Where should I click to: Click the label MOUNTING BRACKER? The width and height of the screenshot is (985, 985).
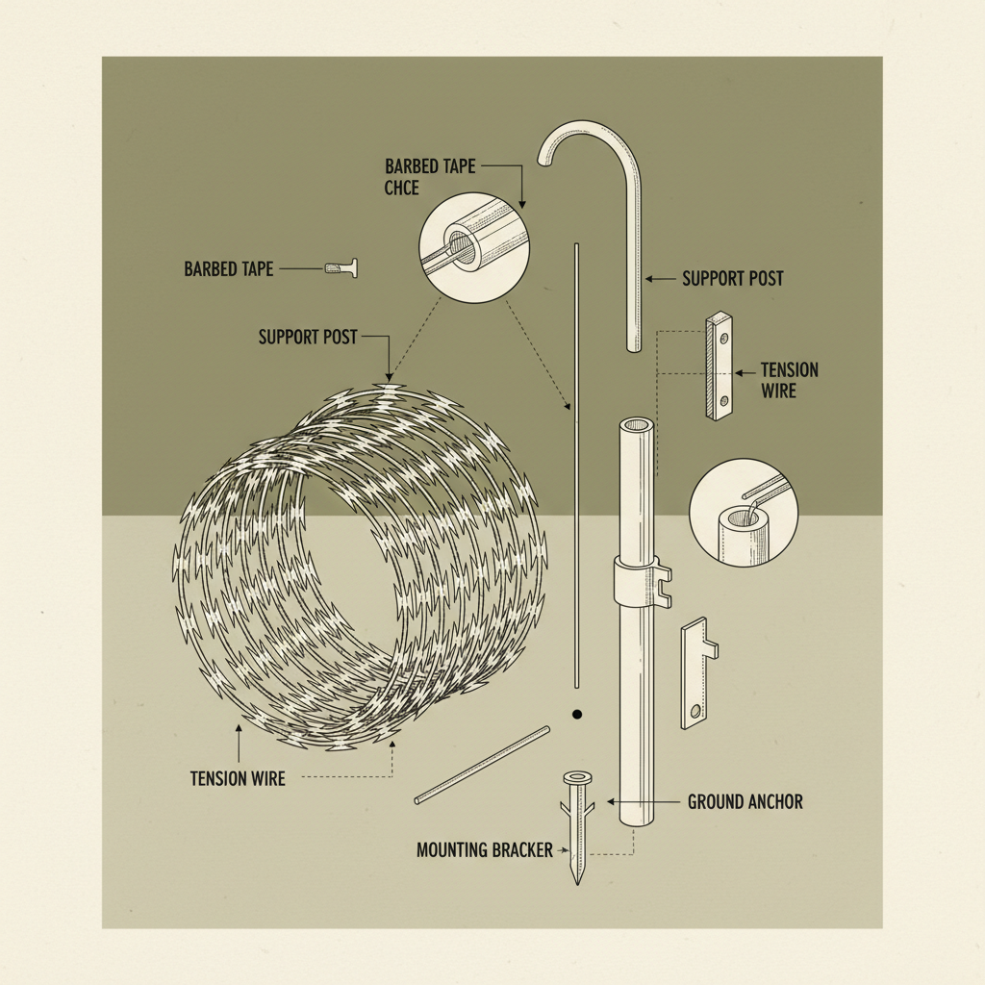tap(484, 850)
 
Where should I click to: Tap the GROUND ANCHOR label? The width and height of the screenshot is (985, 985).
tap(745, 801)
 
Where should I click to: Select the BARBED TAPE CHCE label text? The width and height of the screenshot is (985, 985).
tap(429, 177)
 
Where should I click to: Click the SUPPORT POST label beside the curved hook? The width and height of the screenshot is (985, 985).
tap(732, 279)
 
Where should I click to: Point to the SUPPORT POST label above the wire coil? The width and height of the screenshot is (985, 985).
tap(308, 338)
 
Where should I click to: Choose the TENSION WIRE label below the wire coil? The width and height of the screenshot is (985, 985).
tap(238, 778)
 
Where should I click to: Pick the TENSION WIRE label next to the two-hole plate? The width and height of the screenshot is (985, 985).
tap(790, 380)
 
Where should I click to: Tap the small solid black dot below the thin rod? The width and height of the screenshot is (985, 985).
tap(577, 715)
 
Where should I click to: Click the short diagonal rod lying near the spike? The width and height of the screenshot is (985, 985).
tap(482, 765)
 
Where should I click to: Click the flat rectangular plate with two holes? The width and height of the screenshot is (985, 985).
tap(720, 366)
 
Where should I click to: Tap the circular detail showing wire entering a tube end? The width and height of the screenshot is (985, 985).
tap(743, 510)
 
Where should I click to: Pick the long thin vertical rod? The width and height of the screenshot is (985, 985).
tap(575, 462)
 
